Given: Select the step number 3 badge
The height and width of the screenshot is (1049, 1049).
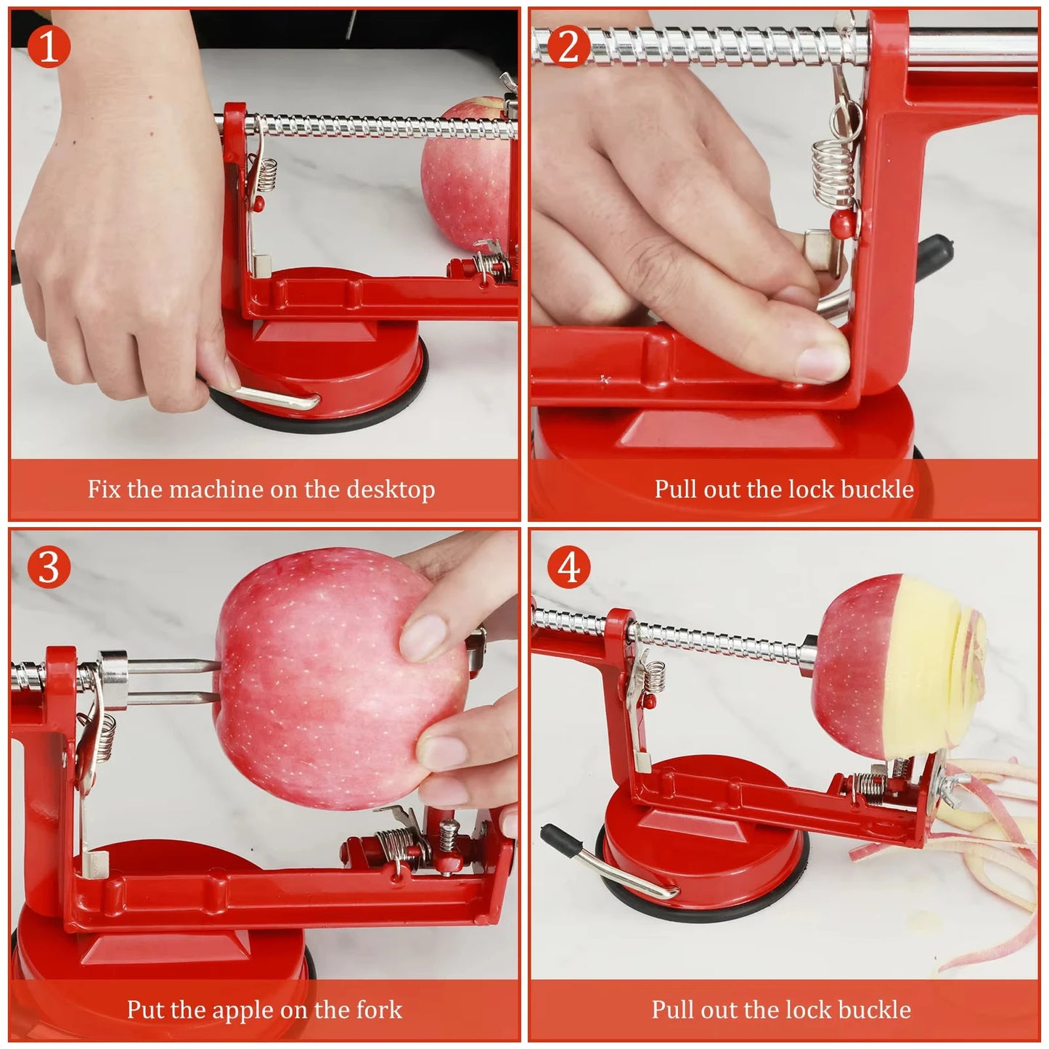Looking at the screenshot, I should (49, 567).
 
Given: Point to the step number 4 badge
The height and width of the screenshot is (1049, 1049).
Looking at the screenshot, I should (568, 567).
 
